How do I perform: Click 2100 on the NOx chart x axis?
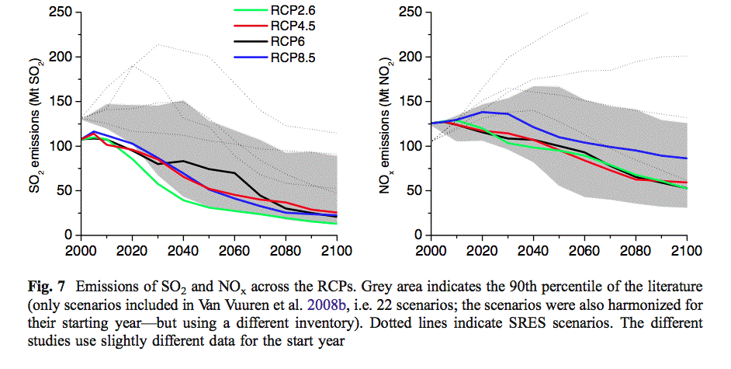coord(684,251)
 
